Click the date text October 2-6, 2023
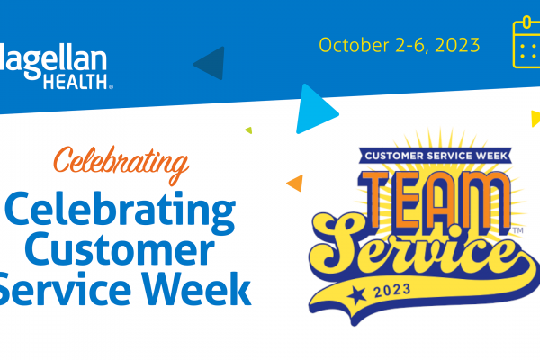pyautogui.click(x=399, y=45)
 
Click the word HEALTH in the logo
pyautogui.click(x=76, y=82)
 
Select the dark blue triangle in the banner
pyautogui.click(x=210, y=63)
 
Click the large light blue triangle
pyautogui.click(x=314, y=110)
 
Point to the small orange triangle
pyautogui.click(x=295, y=183)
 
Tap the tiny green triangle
pyautogui.click(x=248, y=130)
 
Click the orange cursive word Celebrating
pyautogui.click(x=121, y=165)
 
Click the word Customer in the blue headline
pyautogui.click(x=120, y=248)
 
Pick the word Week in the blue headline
pyautogui.click(x=197, y=289)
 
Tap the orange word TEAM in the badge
pyautogui.click(x=434, y=200)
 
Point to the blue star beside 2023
pyautogui.click(x=356, y=295)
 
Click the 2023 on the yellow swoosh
pyautogui.click(x=392, y=291)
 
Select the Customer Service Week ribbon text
pyautogui.click(x=436, y=156)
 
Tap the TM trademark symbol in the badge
pyautogui.click(x=518, y=230)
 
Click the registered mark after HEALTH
pyautogui.click(x=111, y=86)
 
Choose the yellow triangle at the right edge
pyautogui.click(x=535, y=119)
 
